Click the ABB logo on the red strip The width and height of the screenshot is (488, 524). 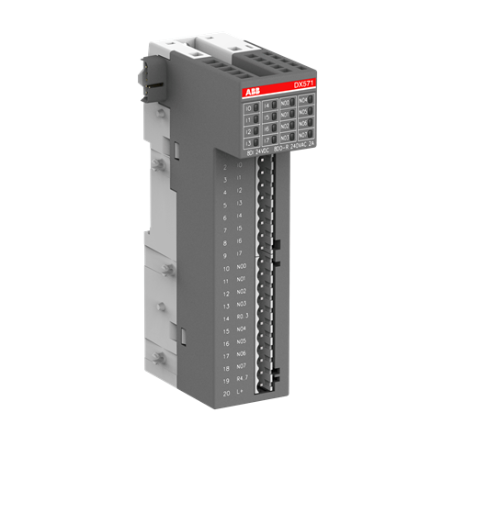tap(253, 94)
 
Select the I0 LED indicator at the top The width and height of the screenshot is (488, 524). tap(250, 108)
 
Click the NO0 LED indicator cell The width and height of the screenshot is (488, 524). tap(286, 103)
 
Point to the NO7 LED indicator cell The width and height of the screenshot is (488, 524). tap(306, 133)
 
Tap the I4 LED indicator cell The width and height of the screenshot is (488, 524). tap(267, 107)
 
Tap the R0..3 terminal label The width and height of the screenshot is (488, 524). tap(242, 317)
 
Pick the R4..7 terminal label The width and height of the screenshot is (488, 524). tap(242, 379)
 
